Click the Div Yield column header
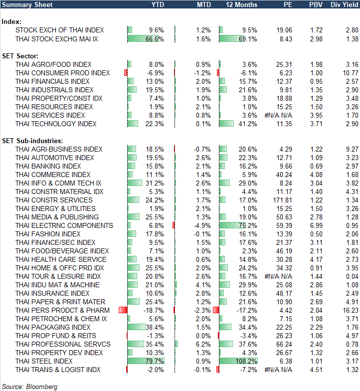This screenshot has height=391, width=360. [x=344, y=4]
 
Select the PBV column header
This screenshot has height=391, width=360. [x=316, y=4]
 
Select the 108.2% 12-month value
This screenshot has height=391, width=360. [x=248, y=361]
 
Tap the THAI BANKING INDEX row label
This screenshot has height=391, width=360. [x=48, y=166]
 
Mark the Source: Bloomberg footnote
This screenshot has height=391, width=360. [x=30, y=387]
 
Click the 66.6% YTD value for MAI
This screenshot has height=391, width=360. [x=155, y=39]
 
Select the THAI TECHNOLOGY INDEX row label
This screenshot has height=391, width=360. [x=56, y=124]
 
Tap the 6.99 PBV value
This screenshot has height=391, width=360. [x=316, y=225]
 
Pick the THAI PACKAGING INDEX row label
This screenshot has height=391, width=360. [x=53, y=327]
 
